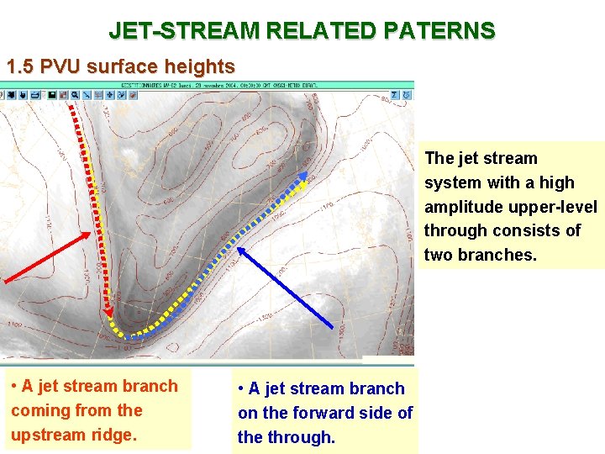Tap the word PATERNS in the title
click(440, 31)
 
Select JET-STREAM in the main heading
click(184, 31)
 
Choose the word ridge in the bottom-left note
click(113, 435)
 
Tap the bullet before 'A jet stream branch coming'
click(14, 387)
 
